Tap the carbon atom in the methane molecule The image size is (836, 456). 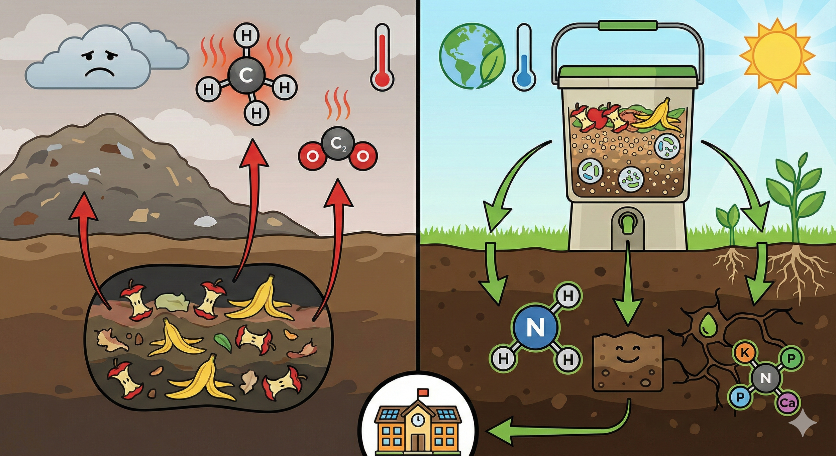(246, 76)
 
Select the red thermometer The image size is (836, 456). (382, 57)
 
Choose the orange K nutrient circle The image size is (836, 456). (745, 352)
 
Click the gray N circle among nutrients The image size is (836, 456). (766, 378)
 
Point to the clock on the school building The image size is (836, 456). (418, 420)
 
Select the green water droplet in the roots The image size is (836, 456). (706, 326)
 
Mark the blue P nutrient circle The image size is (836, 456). (740, 397)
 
